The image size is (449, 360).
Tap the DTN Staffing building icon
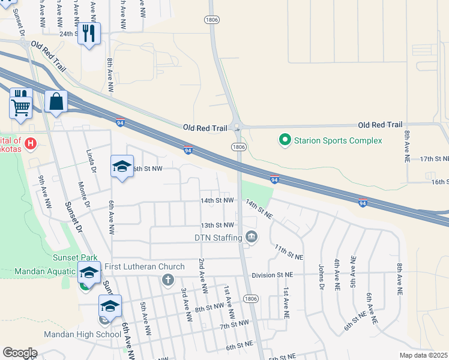click(x=252, y=238)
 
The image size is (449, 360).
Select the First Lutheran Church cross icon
click(x=167, y=279)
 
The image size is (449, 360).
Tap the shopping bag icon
click(x=56, y=101)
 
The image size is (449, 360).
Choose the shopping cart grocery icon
click(x=21, y=108)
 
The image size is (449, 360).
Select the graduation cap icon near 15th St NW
click(x=122, y=167)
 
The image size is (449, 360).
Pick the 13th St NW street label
click(x=217, y=225)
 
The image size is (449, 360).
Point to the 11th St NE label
click(x=288, y=252)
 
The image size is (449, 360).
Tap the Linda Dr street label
click(x=91, y=161)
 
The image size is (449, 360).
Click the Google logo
click(x=20, y=353)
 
